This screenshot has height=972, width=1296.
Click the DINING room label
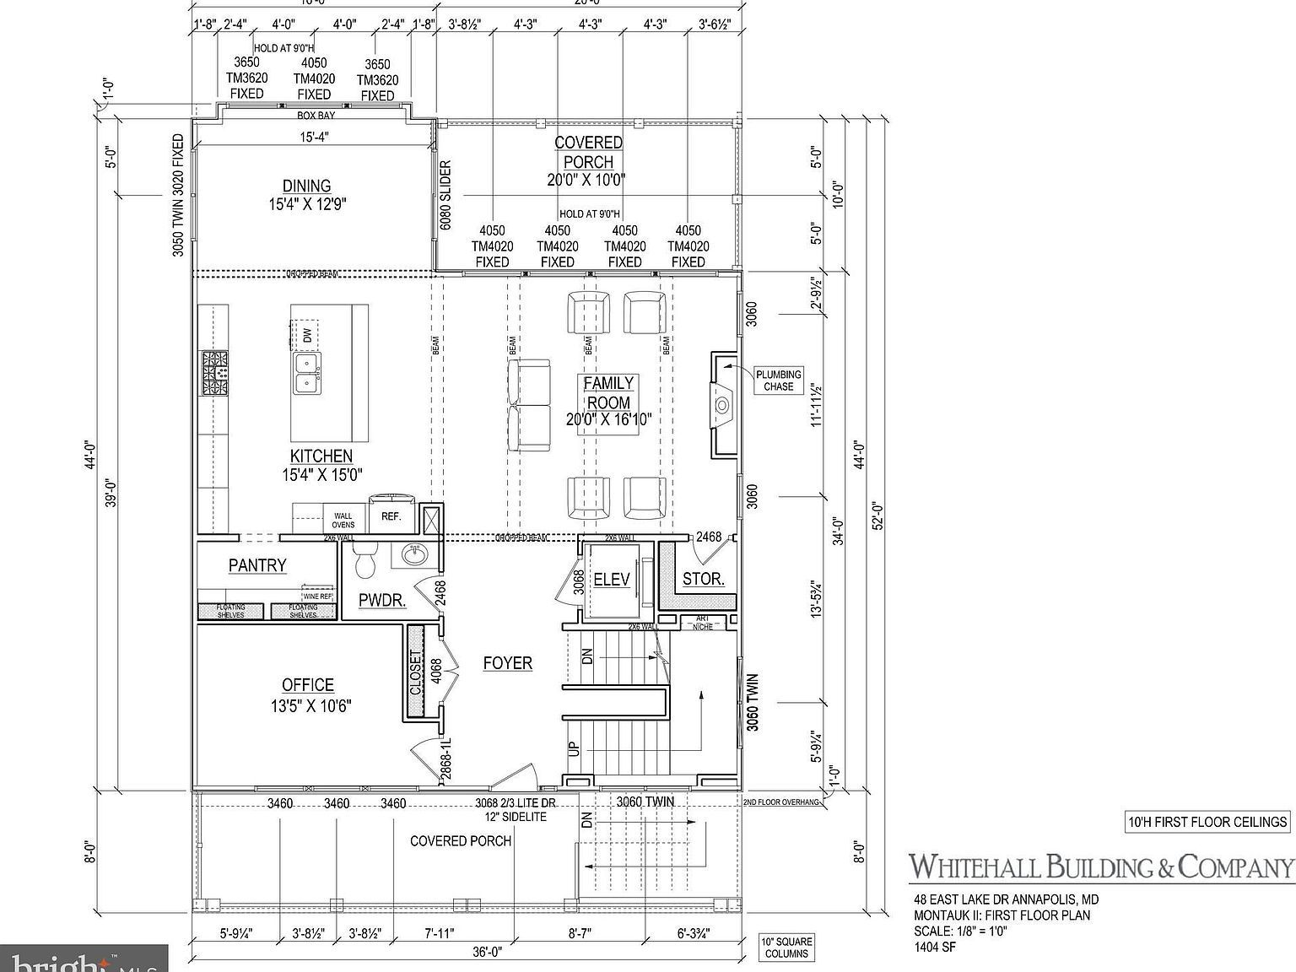tap(306, 186)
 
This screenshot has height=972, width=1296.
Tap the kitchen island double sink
tap(307, 372)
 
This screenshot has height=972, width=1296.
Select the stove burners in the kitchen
tap(214, 373)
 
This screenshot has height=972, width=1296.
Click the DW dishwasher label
tap(307, 336)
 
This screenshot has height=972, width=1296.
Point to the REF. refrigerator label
tap(391, 516)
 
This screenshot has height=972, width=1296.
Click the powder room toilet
tap(366, 561)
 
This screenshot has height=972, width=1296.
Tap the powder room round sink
tap(413, 554)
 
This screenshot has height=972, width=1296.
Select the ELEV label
tap(612, 579)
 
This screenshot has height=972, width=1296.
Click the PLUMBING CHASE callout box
tap(778, 381)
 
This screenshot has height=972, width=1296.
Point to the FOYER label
tap(507, 663)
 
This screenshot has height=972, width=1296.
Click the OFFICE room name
tap(308, 685)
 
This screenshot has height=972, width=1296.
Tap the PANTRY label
tap(257, 565)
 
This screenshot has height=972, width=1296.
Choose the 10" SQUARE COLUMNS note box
tap(786, 948)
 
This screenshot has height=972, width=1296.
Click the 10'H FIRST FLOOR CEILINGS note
tap(1208, 821)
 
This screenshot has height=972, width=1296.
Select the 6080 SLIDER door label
tap(445, 195)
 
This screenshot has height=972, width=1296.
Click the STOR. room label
tap(703, 579)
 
